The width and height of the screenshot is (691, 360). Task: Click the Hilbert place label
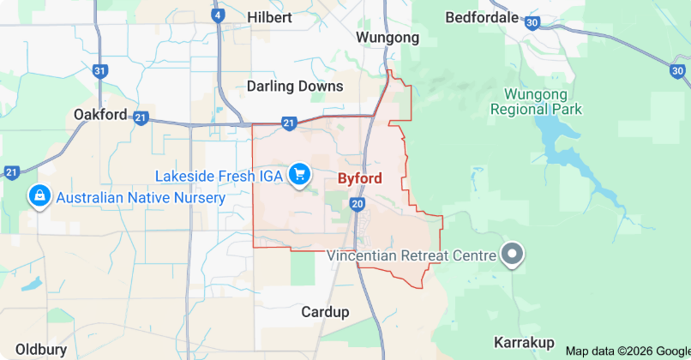click(x=269, y=17)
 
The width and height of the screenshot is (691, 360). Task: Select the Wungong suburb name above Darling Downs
click(x=388, y=38)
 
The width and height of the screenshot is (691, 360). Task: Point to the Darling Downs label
click(x=295, y=86)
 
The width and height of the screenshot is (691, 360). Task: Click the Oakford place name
click(x=100, y=114)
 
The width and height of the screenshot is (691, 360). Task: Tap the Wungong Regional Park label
click(x=536, y=101)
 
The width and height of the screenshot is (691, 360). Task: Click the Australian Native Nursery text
click(x=141, y=198)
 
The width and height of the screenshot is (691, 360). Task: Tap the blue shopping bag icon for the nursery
click(x=39, y=197)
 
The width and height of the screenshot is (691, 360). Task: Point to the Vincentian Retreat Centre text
click(x=412, y=255)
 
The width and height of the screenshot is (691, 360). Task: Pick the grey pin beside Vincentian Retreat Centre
click(x=513, y=254)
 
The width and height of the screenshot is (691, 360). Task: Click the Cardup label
click(x=324, y=312)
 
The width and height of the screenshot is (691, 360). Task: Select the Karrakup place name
click(x=524, y=343)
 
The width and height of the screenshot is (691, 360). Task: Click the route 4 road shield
click(x=219, y=15)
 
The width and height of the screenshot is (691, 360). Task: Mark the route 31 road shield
click(x=100, y=71)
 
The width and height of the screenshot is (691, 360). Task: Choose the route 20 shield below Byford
click(x=358, y=203)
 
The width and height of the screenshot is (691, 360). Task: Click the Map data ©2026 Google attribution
click(x=628, y=351)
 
